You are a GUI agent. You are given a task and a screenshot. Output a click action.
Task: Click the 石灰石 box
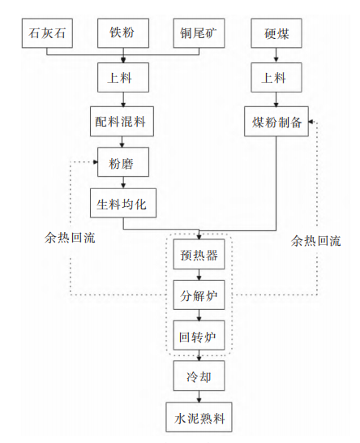coord(47,33)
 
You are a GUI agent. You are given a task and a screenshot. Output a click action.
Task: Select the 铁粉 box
coord(123,33)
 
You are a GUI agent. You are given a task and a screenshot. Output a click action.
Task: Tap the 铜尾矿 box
coord(199,33)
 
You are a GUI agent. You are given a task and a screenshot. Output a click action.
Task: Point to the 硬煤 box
coord(276,33)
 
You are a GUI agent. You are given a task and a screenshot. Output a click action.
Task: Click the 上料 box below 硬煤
coord(276,77)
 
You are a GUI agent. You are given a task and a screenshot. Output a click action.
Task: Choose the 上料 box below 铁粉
coord(123,77)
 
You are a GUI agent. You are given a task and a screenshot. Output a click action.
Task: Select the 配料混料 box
coord(122,122)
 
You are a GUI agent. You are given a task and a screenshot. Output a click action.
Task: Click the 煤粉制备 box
coord(276,122)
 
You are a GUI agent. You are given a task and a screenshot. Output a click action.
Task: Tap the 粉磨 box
coord(123,162)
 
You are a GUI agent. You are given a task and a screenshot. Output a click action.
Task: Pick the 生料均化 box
coord(123,203)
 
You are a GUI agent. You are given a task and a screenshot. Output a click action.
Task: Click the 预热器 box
coord(199,254)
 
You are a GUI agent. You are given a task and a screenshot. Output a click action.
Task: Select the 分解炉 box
coord(199,295)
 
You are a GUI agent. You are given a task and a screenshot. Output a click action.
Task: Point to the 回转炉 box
coord(199,335)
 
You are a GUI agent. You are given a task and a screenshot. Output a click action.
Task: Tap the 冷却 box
coord(199,376)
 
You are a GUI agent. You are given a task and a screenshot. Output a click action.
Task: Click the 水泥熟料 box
coord(199,417)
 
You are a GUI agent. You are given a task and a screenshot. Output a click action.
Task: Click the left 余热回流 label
coord(70,239)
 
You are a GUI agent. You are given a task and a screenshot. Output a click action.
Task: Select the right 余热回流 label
coord(316,241)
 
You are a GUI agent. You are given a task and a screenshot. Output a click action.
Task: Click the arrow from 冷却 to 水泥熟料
coord(199,397)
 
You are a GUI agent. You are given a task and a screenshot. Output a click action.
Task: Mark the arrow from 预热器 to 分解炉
coord(199,274)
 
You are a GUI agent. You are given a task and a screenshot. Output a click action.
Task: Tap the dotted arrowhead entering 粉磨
coord(96,162)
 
